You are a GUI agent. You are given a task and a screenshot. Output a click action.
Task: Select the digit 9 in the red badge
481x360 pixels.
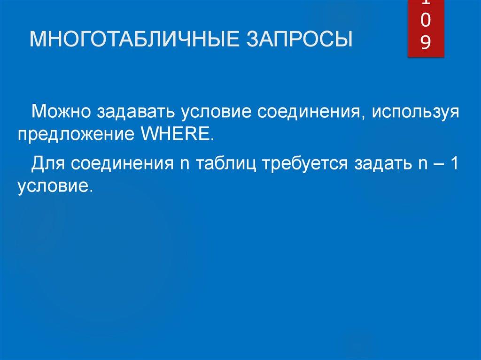pos(425,43)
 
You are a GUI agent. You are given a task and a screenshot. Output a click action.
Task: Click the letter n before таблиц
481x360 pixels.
pos(184,165)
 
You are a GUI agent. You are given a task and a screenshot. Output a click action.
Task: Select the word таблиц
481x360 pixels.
pos(226,165)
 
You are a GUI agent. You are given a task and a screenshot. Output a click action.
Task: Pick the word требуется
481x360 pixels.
pos(307,165)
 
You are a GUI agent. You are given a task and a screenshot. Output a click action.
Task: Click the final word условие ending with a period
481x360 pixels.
pos(53,186)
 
